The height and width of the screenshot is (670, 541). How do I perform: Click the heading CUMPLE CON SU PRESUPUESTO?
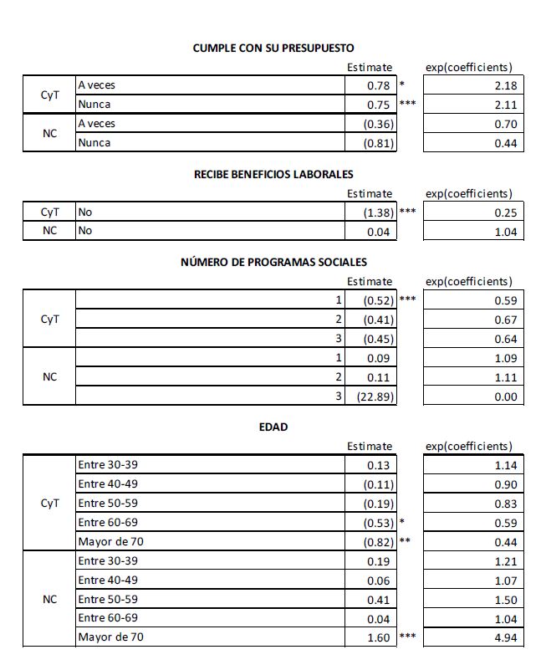tap(273, 49)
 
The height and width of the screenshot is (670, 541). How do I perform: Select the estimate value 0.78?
tap(380, 85)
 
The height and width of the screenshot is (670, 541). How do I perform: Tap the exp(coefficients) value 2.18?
tap(506, 85)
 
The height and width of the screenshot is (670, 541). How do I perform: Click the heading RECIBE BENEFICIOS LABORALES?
tap(273, 175)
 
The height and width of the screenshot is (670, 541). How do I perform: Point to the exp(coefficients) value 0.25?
tap(506, 212)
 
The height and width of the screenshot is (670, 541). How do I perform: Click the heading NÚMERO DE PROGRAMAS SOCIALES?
tap(273, 263)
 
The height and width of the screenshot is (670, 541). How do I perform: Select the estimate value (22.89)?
tap(375, 396)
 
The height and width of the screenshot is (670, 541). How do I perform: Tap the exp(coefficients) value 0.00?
tap(506, 396)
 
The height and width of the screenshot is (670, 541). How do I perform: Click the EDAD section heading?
tap(273, 427)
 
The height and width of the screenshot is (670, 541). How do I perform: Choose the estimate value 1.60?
tap(380, 637)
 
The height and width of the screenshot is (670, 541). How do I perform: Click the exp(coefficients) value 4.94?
tap(506, 637)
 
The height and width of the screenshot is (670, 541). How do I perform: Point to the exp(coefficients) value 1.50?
tap(506, 599)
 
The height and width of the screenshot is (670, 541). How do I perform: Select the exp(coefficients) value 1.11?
tap(506, 376)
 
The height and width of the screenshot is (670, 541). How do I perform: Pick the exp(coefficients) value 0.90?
tap(506, 484)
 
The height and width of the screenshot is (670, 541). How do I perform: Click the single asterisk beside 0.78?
tap(402, 84)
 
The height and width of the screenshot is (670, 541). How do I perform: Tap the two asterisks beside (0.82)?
tap(405, 540)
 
